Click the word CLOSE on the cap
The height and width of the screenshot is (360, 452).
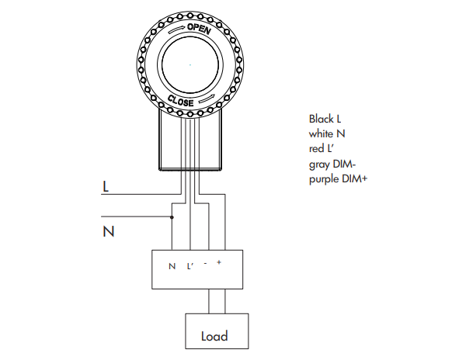[180, 100]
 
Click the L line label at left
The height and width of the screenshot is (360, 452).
[106, 187]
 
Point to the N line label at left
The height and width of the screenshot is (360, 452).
[108, 230]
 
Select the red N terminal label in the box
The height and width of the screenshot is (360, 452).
[172, 266]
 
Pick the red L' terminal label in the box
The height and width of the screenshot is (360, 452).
[189, 266]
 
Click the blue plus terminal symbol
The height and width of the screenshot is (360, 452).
[219, 264]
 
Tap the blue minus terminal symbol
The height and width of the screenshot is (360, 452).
[205, 264]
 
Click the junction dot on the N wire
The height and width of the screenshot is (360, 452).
[172, 216]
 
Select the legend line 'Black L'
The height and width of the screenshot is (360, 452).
[325, 119]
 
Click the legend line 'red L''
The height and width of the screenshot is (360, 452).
[321, 148]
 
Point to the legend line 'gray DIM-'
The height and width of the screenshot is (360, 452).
[331, 163]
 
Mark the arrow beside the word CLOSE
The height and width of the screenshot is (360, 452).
[208, 100]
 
